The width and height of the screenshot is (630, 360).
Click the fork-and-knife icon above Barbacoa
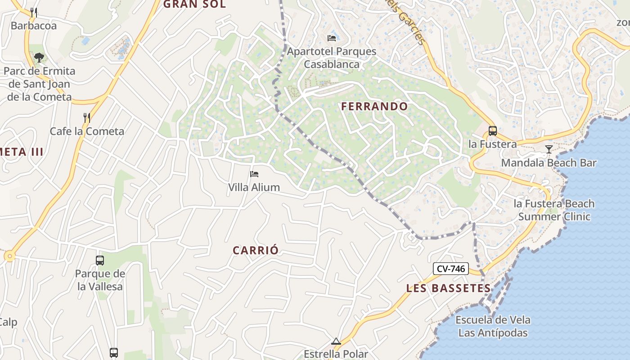(34, 12)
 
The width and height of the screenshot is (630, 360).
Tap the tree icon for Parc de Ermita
(39, 57)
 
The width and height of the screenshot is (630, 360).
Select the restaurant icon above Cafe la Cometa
(87, 118)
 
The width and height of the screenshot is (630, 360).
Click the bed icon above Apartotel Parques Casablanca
(332, 38)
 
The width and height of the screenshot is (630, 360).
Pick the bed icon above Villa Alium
(254, 174)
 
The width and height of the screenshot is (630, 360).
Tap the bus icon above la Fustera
(493, 131)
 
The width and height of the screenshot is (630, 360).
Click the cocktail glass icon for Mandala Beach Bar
(549, 149)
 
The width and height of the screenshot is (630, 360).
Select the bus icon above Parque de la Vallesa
(100, 260)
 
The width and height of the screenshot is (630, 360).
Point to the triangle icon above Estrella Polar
(336, 341)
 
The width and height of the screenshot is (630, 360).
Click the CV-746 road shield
(451, 269)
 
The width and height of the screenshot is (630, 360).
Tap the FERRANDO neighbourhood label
(374, 107)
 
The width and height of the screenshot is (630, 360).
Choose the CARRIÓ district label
(256, 251)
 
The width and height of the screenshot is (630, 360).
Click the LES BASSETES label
(448, 288)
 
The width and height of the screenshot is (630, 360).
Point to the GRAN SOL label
(194, 4)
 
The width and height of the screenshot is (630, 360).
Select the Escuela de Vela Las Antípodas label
(493, 327)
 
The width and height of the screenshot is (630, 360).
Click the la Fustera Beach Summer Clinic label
(554, 210)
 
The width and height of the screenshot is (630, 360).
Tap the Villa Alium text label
(254, 187)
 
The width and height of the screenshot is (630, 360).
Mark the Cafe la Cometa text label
(87, 131)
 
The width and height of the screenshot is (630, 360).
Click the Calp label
(8, 322)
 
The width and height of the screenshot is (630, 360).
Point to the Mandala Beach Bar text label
(549, 163)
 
